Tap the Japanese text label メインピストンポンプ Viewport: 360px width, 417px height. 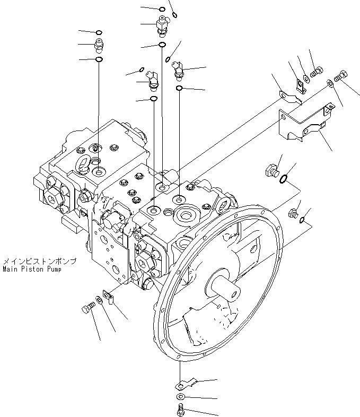[39, 262]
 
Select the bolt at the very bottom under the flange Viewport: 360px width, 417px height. [181, 409]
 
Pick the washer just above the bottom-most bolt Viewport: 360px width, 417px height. [181, 397]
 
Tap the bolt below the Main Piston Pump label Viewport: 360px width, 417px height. [90, 307]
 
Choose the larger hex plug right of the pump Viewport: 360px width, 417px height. [271, 171]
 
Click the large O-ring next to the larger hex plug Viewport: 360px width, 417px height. [284, 179]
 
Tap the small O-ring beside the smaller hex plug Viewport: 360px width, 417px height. [302, 220]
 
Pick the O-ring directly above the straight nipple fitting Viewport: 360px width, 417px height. [99, 32]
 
